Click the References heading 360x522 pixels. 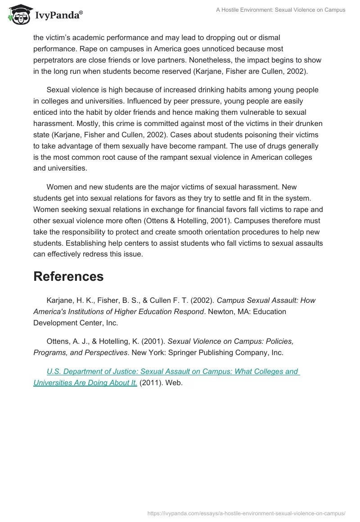click(68, 276)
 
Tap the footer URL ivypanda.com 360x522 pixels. click(247, 513)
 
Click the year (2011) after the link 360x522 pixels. click(150, 383)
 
